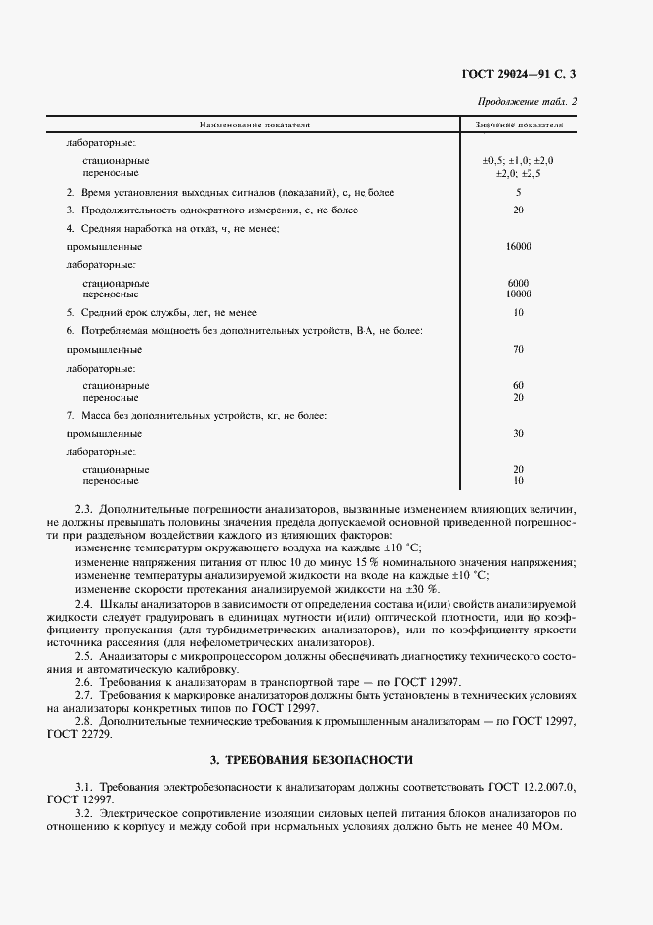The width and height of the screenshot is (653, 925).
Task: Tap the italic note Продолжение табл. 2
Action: (528, 102)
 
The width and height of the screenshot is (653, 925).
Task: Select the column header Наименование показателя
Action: (255, 126)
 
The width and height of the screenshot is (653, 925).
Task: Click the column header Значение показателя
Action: (519, 126)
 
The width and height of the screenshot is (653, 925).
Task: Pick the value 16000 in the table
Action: (518, 246)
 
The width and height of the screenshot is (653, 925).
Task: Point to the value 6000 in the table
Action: (518, 283)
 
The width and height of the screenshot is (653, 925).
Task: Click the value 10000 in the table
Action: (518, 294)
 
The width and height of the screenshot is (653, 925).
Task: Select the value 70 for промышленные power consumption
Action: (518, 349)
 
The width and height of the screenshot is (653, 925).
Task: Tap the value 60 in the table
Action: (518, 385)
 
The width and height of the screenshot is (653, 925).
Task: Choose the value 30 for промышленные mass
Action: (518, 433)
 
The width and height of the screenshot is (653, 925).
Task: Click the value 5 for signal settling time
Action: (518, 192)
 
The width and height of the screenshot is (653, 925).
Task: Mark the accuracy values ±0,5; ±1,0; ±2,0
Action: (518, 160)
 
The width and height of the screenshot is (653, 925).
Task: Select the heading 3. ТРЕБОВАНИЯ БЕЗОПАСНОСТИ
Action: (311, 759)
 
